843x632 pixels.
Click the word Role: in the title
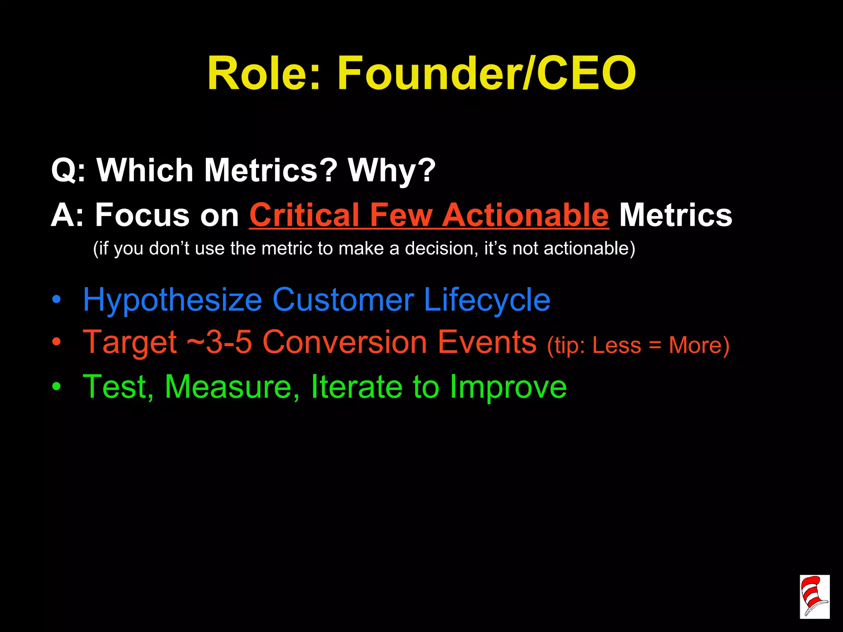[x=263, y=74]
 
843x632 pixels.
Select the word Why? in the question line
[x=391, y=170]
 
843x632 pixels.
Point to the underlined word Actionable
[x=525, y=215]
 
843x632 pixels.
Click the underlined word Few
[x=401, y=215]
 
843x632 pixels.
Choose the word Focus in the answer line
[x=142, y=215]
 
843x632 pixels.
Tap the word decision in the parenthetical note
[x=441, y=249]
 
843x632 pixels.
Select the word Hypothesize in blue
[x=172, y=301]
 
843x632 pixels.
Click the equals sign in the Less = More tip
[x=655, y=346]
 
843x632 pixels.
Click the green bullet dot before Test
[x=56, y=386]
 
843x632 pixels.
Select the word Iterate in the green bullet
[x=356, y=386]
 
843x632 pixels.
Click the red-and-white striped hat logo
[x=814, y=597]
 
